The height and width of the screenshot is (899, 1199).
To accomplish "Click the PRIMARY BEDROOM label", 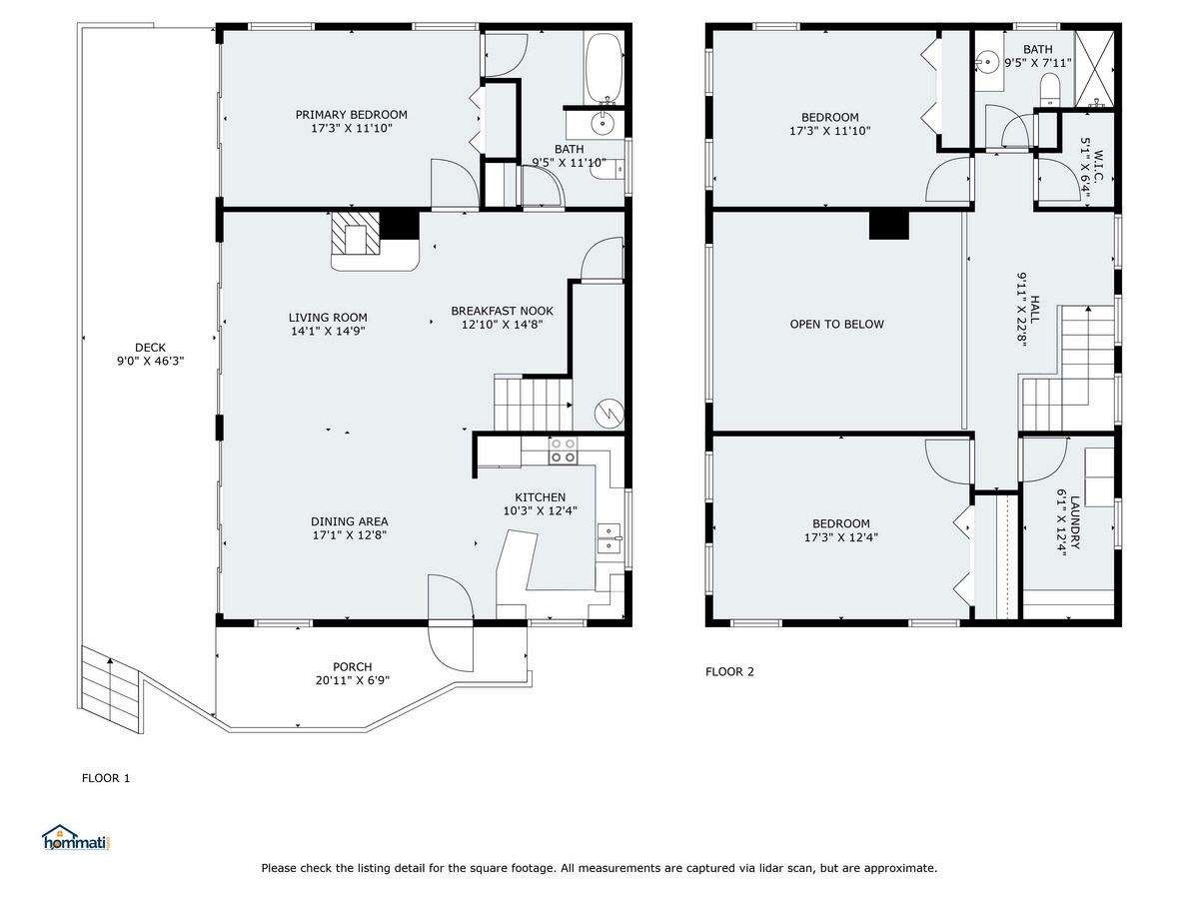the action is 352,115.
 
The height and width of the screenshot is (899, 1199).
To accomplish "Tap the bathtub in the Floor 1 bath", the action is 603,67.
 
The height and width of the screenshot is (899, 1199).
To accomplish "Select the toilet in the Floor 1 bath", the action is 607,170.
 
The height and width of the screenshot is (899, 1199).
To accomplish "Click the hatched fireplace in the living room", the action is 355,233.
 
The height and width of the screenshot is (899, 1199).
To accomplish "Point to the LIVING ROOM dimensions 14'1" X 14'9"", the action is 328,331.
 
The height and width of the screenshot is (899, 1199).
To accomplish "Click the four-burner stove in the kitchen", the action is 563,450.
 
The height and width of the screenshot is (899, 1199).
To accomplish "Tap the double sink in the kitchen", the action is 608,538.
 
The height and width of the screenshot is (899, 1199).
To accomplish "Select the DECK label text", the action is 150,348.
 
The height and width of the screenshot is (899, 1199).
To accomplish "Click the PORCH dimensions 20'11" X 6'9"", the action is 353,680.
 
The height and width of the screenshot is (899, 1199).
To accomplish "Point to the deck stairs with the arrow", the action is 111,689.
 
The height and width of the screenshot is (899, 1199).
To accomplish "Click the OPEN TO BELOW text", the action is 836,325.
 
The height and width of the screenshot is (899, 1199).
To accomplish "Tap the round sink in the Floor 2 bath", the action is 987,62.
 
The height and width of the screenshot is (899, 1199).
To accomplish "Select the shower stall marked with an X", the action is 1094,68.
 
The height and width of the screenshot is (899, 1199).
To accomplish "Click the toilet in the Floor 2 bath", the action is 1049,90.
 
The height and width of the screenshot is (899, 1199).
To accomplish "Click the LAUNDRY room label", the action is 1074,521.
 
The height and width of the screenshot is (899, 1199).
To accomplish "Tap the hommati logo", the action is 77,837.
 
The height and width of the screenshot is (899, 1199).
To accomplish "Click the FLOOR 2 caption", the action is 729,672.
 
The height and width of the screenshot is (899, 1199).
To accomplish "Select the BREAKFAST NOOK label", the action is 502,311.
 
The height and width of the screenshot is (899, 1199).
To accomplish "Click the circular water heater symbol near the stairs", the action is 609,414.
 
